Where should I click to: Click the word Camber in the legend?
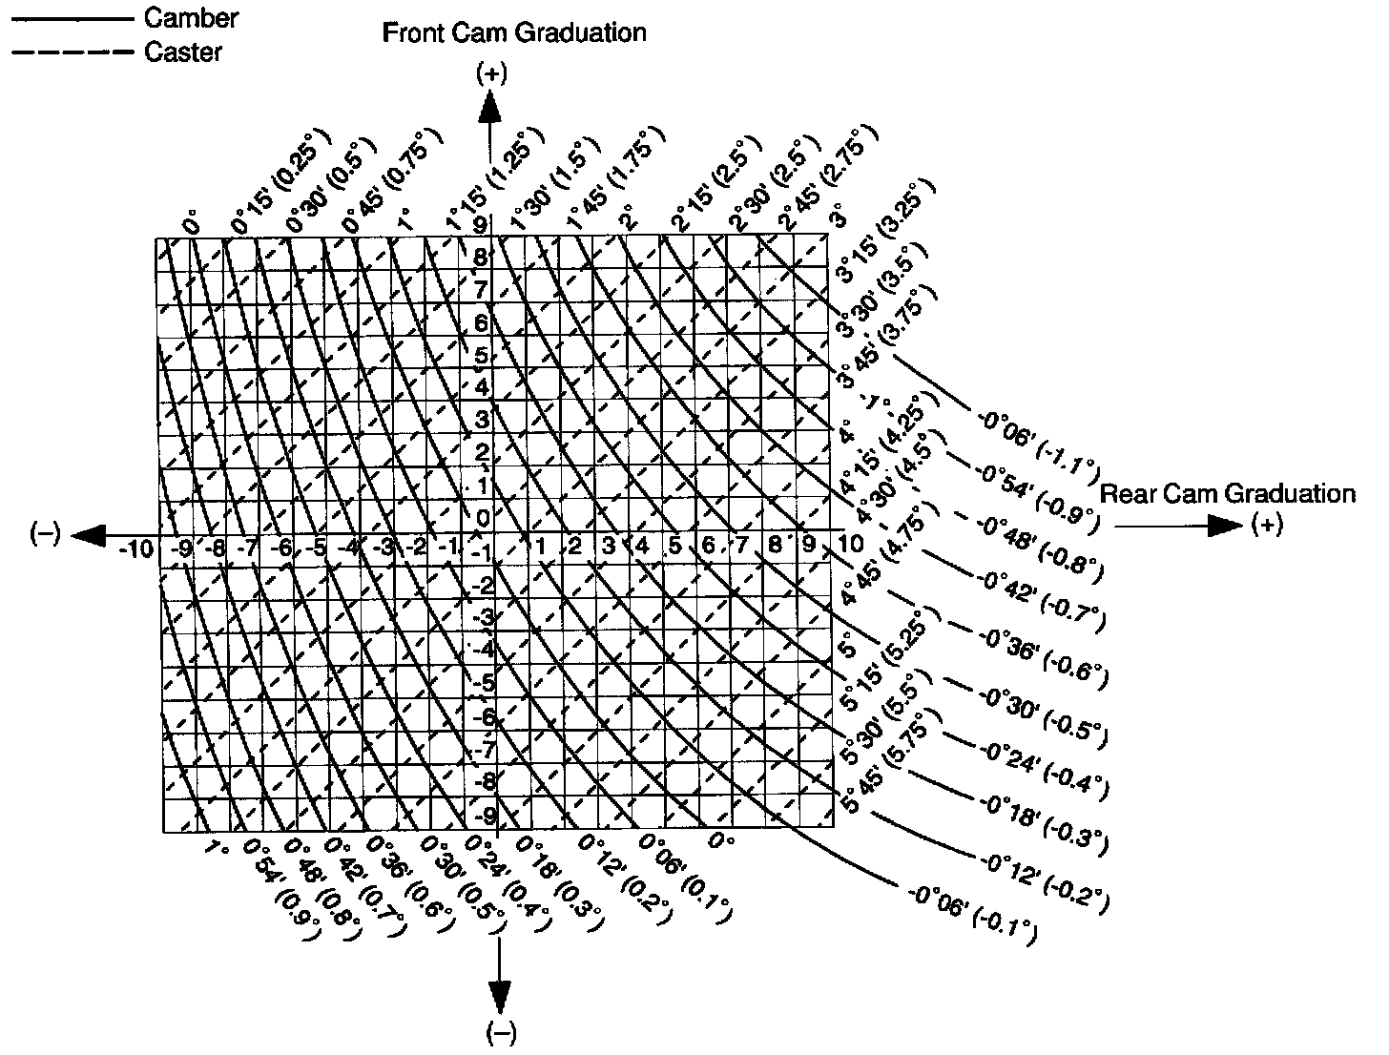point(191,17)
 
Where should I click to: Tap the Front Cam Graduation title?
point(514,33)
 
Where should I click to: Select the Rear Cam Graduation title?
point(1228,493)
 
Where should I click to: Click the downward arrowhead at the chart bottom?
point(499,997)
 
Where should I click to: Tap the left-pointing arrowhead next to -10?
point(89,535)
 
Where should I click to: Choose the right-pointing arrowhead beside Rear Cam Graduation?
point(1225,526)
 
